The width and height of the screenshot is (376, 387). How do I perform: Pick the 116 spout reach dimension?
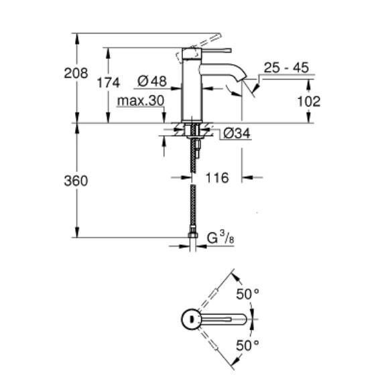(218, 178)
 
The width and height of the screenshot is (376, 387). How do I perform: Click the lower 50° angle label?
(246, 346)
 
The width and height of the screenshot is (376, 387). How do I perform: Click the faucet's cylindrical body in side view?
(192, 94)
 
